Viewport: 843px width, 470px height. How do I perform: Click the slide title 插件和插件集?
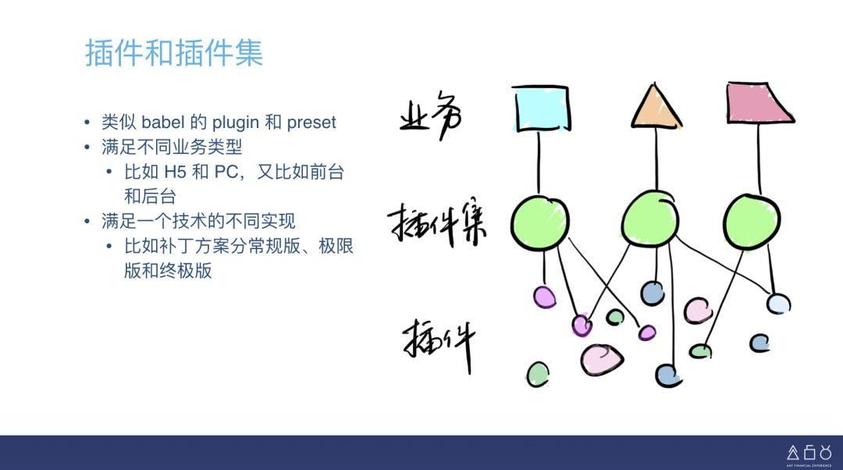coord(174,53)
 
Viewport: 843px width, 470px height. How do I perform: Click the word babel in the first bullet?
coord(163,122)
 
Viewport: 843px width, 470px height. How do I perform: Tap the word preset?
coord(311,123)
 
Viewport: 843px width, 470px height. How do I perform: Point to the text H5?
coord(175,172)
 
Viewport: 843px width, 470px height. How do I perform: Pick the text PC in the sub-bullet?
coord(226,172)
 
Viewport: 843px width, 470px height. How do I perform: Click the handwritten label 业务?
coord(431,115)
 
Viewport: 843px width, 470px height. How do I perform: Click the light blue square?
coord(540,109)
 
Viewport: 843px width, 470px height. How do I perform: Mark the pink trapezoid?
coord(758,103)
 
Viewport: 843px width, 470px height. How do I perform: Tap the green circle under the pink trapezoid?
coord(752,221)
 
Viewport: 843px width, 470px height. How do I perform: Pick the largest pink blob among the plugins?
coord(602,359)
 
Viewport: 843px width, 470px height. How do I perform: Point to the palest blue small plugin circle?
coord(778,304)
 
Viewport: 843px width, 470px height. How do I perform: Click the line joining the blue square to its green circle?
coord(539,163)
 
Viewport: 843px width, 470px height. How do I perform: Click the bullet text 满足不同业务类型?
coord(172,146)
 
